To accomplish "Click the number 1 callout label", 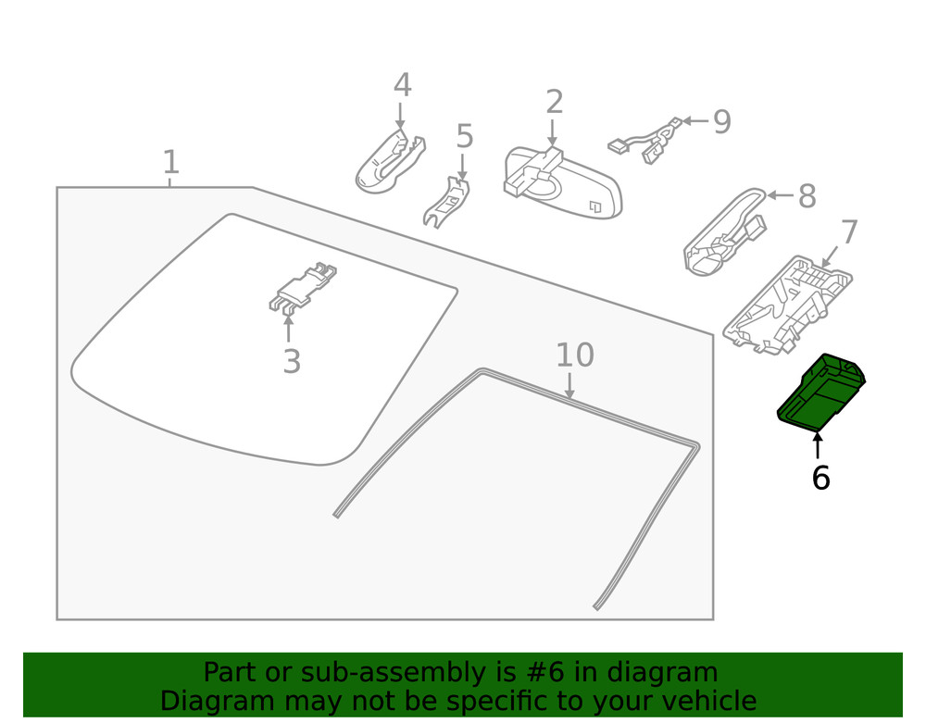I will click(170, 162).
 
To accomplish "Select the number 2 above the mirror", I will click(554, 102).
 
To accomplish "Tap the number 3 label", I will click(292, 362).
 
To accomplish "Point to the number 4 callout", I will click(402, 85).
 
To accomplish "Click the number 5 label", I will click(465, 136).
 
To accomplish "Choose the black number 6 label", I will click(820, 478).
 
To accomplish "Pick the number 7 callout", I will click(849, 231).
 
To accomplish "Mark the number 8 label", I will click(807, 196).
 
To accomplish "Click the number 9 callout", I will click(721, 121).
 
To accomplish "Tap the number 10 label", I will click(574, 355).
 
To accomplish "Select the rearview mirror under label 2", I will click(565, 181).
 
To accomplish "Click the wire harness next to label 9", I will click(648, 142).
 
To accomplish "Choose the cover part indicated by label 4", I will click(389, 165).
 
